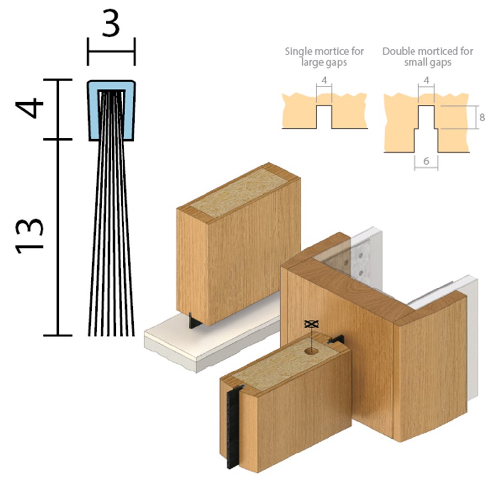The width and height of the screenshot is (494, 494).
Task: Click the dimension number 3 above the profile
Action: pyautogui.click(x=111, y=23)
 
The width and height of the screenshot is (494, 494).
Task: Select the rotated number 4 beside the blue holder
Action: pyautogui.click(x=30, y=108)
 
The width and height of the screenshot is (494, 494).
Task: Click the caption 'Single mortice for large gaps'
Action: pyautogui.click(x=324, y=56)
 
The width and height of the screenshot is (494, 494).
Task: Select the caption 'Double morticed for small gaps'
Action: pyautogui.click(x=427, y=56)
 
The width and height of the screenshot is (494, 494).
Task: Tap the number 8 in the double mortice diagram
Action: pyautogui.click(x=482, y=117)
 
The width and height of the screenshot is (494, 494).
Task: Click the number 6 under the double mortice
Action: pyautogui.click(x=426, y=161)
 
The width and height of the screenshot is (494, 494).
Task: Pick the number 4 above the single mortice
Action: pyautogui.click(x=324, y=81)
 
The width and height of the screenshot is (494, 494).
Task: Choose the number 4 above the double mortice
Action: pyautogui.click(x=426, y=81)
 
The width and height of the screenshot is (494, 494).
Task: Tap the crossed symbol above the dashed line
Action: pyautogui.click(x=311, y=323)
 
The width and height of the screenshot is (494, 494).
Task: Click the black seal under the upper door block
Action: pyautogui.click(x=193, y=321)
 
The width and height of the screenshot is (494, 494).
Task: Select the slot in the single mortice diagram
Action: pyautogui.click(x=324, y=117)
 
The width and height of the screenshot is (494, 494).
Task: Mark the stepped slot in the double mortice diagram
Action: pyautogui.click(x=426, y=128)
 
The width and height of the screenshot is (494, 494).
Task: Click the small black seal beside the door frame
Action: pyautogui.click(x=336, y=340)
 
